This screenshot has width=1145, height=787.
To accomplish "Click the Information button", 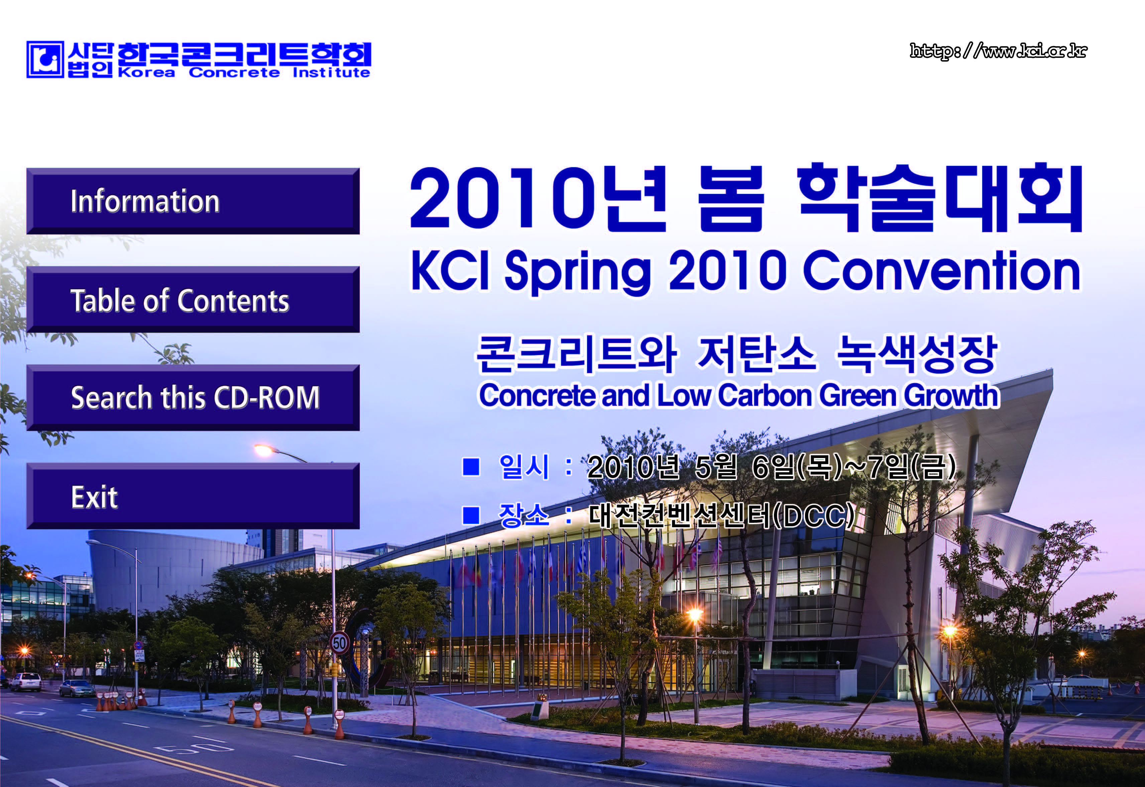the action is tap(193, 201).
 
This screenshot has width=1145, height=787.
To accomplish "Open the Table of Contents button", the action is tap(193, 299).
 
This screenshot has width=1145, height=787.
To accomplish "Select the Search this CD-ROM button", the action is tap(193, 398).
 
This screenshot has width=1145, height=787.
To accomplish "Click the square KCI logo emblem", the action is tap(45, 60).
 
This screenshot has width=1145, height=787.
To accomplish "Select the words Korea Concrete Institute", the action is tap(244, 73).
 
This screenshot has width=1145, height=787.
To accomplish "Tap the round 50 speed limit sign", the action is tap(340, 643).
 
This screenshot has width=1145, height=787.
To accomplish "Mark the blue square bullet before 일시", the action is tap(471, 466).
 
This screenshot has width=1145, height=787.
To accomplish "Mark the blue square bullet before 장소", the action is tap(471, 515).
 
